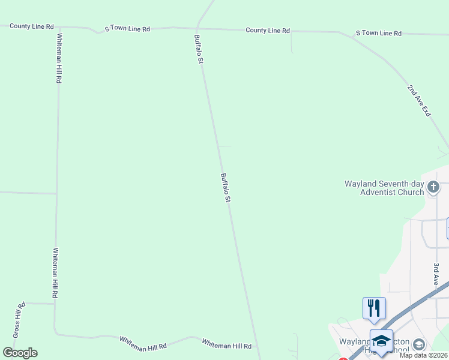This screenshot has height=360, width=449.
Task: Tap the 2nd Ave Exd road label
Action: [419, 101]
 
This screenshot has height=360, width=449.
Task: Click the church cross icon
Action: [433, 188]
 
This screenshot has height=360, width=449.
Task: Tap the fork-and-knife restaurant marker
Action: [374, 308]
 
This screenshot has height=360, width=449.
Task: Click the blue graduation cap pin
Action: [381, 341]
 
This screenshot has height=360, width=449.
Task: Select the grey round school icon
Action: [418, 344]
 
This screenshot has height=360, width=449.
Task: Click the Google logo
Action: [20, 353]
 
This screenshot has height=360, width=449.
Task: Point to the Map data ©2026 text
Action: [423, 355]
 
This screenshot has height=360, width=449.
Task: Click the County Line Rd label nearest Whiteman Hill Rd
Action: [32, 26]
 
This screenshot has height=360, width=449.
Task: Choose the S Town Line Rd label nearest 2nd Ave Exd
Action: [378, 33]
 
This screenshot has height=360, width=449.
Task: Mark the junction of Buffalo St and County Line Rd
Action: [197, 28]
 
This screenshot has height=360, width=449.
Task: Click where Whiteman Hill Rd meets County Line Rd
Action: [58, 28]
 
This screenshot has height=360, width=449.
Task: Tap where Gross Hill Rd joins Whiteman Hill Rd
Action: [55, 304]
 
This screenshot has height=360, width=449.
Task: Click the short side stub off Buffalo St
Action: [224, 146]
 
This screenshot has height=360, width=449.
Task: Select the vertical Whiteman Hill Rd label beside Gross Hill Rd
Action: [55, 274]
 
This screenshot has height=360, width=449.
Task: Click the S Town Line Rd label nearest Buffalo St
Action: [127, 28]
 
